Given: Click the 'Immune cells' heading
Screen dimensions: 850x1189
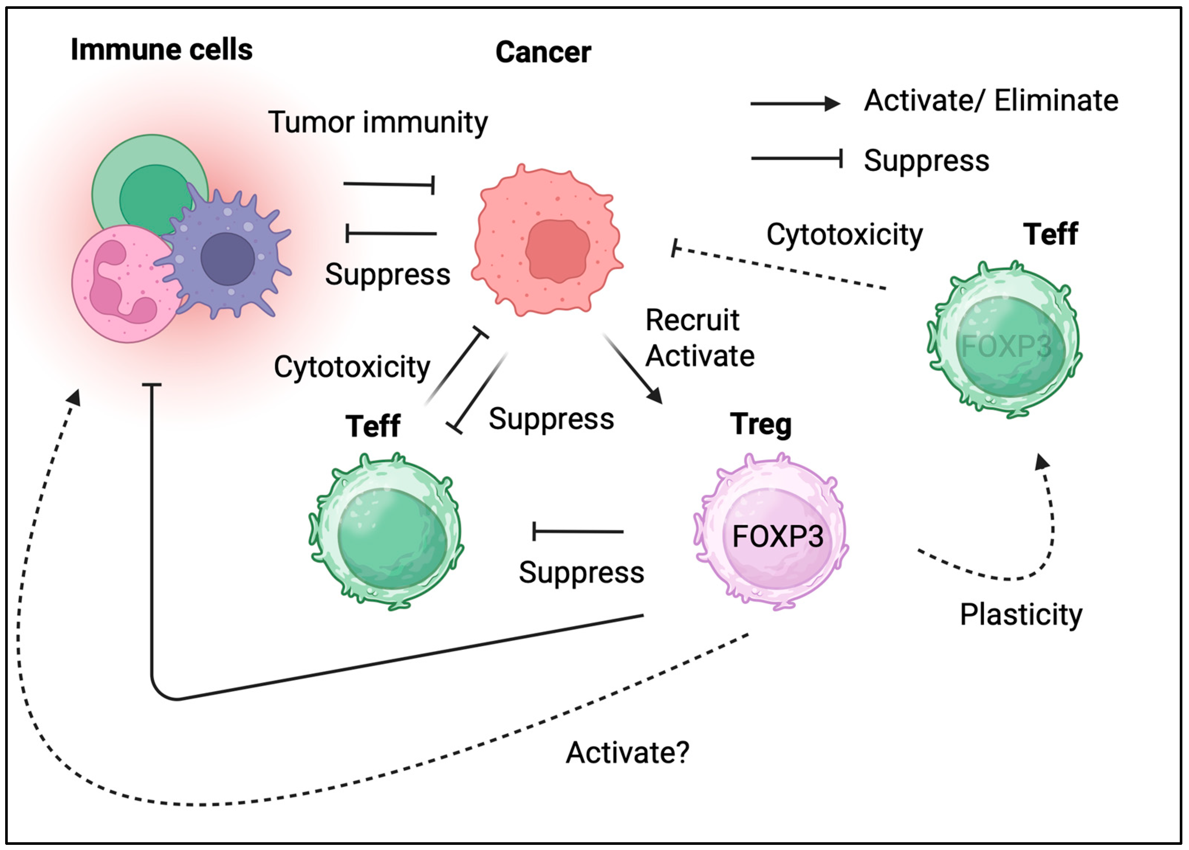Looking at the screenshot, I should coord(161,50).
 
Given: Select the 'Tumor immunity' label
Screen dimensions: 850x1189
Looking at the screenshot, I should coord(378,122).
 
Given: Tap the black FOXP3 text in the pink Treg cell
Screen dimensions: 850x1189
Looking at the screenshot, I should coord(777,536).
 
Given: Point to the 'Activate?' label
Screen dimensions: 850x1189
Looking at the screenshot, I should coord(627,753).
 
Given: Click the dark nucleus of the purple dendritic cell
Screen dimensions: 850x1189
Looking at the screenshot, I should coord(227,259).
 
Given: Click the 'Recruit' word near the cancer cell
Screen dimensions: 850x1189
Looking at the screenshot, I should coord(692,320).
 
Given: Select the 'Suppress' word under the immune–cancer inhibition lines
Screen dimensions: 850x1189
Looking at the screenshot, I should coord(388,274).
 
